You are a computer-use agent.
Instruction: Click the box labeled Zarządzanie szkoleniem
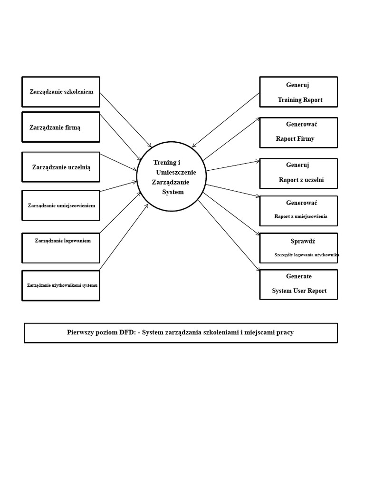tap(61, 92)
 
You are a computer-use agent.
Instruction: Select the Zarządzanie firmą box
tap(61, 127)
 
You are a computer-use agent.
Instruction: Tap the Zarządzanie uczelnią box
tap(61, 167)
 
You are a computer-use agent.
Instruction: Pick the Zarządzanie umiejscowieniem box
tap(61, 205)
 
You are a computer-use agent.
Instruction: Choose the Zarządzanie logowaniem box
tap(61, 248)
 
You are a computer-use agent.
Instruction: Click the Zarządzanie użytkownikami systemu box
tap(61, 285)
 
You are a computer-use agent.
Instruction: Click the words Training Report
tap(300, 100)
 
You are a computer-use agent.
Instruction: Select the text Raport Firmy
tap(295, 139)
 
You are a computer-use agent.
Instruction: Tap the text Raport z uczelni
tap(301, 180)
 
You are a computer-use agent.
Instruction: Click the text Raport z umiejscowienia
tap(300, 216)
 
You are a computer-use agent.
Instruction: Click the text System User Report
tap(299, 291)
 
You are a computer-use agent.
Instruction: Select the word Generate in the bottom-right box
tap(298, 276)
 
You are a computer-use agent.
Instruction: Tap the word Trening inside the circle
tap(164, 163)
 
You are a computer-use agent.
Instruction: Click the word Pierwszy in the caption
tap(81, 332)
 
